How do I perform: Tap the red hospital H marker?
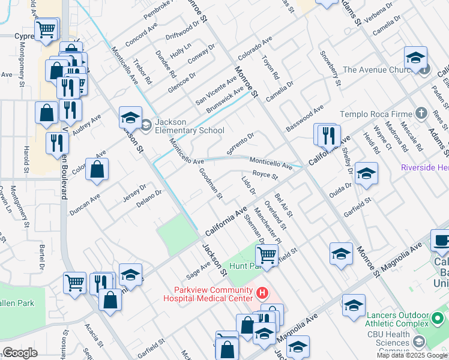262,293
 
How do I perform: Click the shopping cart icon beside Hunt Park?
267,255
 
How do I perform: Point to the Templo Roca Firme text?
376,114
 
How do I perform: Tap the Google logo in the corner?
20,353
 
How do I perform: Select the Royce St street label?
265,176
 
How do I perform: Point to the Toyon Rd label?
271,68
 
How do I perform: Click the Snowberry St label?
331,69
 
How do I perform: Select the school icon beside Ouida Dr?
366,173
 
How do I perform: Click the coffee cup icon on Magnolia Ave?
441,241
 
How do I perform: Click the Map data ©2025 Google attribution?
412,355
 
